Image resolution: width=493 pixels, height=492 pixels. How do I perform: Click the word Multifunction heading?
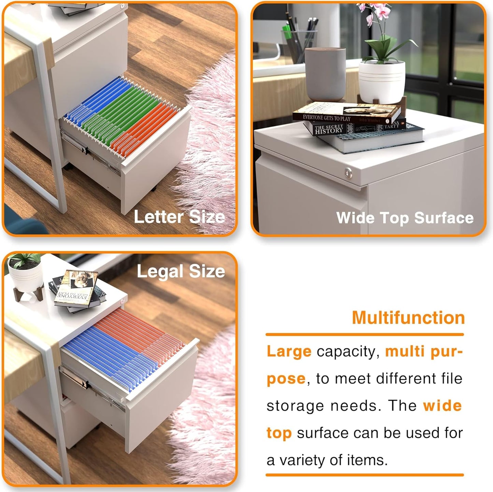(408, 317)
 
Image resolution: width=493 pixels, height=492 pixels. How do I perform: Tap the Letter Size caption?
(179, 217)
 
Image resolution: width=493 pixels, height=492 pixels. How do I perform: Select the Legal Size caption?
(181, 272)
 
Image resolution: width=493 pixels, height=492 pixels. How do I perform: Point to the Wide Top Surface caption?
(405, 218)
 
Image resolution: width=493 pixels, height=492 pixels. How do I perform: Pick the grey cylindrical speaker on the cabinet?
(325, 74)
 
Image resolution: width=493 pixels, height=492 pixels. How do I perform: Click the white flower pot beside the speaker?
(381, 82)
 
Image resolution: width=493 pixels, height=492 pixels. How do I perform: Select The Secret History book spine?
(329, 130)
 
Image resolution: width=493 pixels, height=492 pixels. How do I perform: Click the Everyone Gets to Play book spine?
(327, 118)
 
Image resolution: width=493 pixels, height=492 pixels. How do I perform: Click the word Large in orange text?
(289, 352)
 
